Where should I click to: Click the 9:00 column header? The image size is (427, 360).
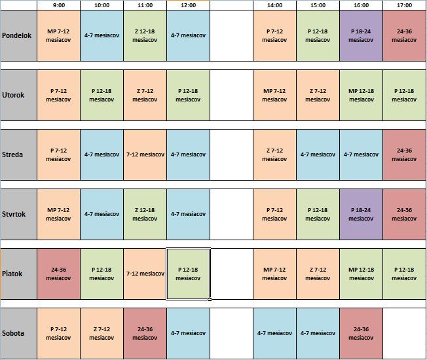click(58, 5)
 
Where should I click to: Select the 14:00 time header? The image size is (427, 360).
click(274, 5)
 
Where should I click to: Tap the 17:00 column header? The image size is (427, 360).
click(404, 5)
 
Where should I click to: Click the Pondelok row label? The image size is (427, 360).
click(18, 35)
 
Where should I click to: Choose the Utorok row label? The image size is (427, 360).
click(18, 95)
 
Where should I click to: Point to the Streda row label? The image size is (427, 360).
click(18, 154)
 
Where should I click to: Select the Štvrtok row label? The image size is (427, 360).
click(18, 214)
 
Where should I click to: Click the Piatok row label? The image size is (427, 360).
click(18, 274)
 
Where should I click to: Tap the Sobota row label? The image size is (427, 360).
click(18, 333)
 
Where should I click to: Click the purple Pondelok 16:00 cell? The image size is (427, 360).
click(361, 35)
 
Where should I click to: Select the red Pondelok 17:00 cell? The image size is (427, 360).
click(404, 35)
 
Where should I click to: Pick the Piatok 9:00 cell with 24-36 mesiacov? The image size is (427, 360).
click(58, 274)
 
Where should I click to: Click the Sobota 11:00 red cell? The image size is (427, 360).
click(145, 333)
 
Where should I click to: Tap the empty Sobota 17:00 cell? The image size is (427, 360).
click(404, 333)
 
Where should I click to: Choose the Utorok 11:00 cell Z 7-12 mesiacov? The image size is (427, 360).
click(145, 95)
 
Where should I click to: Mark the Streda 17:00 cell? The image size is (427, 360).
click(404, 154)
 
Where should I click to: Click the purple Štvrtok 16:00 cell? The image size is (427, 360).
click(361, 214)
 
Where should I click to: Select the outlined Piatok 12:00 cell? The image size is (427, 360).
click(188, 274)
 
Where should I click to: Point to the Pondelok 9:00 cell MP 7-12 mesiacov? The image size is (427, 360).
click(58, 35)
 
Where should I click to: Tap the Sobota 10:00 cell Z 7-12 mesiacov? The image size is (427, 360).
click(102, 333)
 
